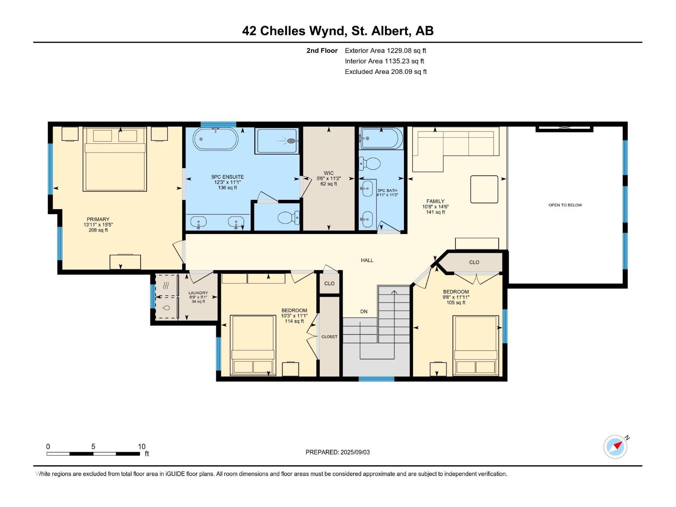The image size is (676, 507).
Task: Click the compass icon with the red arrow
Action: [x=615, y=447]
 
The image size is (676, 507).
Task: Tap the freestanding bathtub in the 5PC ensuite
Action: [x=215, y=139]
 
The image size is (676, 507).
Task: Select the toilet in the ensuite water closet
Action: [x=288, y=218]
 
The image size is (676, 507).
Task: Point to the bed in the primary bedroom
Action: [x=114, y=159]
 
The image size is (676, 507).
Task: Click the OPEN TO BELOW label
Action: [x=565, y=205]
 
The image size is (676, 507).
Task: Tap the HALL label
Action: [x=367, y=260]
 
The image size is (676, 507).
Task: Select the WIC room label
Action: [x=329, y=173]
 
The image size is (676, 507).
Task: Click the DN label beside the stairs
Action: [x=364, y=311]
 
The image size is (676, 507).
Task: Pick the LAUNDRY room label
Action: [x=198, y=293]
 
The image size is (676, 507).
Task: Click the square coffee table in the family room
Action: [x=484, y=189]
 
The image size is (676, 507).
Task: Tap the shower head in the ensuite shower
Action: [x=290, y=141]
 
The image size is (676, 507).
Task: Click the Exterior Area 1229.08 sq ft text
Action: [x=386, y=50]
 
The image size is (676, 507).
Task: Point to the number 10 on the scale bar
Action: [x=142, y=447]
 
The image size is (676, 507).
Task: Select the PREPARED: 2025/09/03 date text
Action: [x=338, y=452]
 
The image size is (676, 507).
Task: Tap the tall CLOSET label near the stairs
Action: [x=329, y=337]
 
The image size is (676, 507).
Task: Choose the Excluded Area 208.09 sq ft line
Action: [x=386, y=72]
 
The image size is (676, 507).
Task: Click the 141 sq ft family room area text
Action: [x=436, y=212]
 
